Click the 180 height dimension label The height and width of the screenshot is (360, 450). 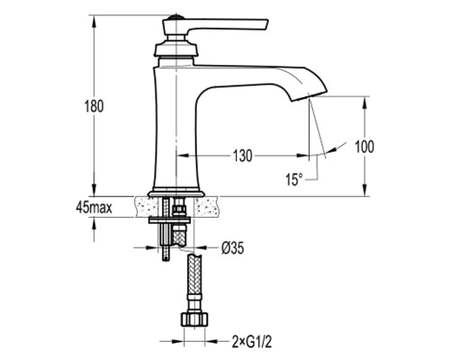tap(94, 106)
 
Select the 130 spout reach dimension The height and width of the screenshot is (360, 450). tap(243, 156)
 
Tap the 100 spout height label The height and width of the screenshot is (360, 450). tap(364, 147)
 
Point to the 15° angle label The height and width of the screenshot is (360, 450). tap(293, 179)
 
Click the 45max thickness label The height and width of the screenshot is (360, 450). tap(94, 207)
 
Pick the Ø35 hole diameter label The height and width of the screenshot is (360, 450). tap(233, 247)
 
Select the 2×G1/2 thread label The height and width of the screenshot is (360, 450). tap(252, 341)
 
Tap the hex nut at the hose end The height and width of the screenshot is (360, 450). tap(194, 319)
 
